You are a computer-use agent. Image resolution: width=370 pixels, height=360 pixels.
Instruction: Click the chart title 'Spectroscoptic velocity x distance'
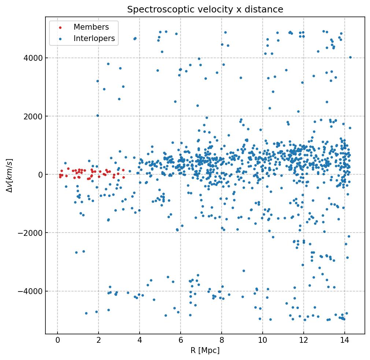(x=205, y=10)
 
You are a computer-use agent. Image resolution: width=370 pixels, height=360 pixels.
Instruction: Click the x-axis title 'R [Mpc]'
(x=205, y=350)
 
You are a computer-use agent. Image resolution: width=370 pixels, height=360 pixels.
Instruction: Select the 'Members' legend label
(x=91, y=27)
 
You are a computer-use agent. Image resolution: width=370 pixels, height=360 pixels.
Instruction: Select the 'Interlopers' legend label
(x=94, y=38)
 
